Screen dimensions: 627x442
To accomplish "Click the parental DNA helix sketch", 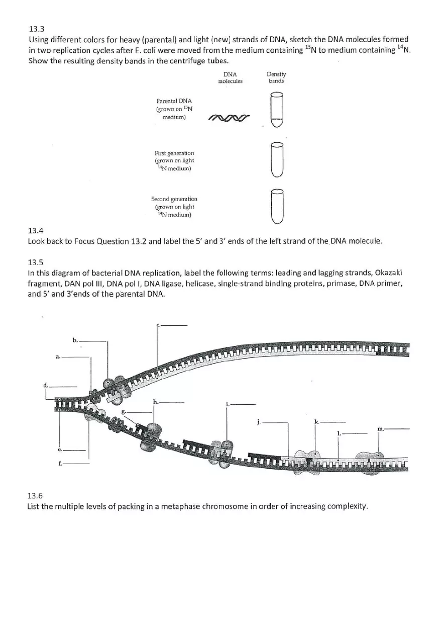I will (229, 118).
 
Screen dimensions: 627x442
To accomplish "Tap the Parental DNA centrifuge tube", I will (276, 110).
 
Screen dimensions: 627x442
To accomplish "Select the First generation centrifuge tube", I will (276, 160).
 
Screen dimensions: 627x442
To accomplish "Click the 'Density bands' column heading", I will (276, 77).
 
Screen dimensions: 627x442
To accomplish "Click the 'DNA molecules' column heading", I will (230, 77).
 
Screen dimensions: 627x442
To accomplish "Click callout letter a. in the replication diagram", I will (58, 356).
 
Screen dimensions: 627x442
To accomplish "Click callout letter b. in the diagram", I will (75, 340).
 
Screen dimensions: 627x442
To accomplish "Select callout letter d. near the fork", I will (46, 385).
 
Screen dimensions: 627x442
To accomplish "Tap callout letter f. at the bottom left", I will (60, 464).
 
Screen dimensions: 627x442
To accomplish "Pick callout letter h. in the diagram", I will (156, 402).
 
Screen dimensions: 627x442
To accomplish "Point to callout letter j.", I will (259, 422).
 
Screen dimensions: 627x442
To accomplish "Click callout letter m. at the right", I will (381, 429).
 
